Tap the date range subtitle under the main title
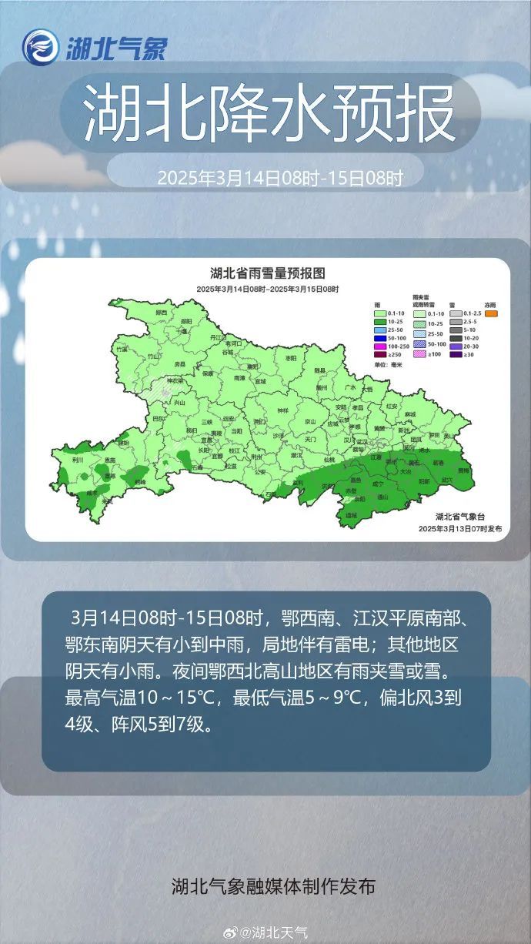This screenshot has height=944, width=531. (x=280, y=179)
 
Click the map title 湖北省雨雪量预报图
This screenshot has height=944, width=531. (x=267, y=273)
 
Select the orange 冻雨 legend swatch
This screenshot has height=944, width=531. (x=491, y=313)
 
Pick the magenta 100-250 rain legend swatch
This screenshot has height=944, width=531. (x=379, y=346)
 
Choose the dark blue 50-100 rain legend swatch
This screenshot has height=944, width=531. (x=379, y=338)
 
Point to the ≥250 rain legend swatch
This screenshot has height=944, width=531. (x=379, y=354)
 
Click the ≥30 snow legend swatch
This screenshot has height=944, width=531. (x=456, y=354)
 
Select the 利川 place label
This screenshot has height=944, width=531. (x=77, y=459)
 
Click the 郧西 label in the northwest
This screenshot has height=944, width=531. (x=161, y=313)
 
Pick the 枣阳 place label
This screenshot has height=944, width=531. (x=291, y=359)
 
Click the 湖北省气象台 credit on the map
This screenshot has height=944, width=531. (x=459, y=517)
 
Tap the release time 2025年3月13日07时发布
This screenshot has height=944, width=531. (x=459, y=529)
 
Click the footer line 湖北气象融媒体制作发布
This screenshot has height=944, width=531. (x=273, y=886)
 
